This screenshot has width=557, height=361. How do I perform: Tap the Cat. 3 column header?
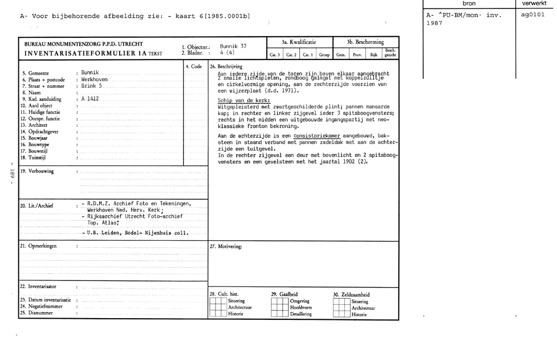[275, 55]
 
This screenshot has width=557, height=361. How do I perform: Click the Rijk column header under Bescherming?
[374, 55]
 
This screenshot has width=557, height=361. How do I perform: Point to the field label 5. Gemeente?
[36, 73]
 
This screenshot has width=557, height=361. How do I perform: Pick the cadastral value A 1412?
[90, 99]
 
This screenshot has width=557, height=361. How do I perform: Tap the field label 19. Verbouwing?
[37, 171]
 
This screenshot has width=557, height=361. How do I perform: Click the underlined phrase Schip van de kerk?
[244, 100]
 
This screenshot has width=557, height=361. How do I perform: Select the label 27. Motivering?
[226, 246]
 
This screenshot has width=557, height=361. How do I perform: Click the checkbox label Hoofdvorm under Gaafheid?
[301, 308]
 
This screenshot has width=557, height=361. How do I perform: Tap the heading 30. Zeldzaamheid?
[351, 295]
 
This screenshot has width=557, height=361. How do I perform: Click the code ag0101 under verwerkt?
[532, 14]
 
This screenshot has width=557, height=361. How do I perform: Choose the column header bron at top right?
[469, 4]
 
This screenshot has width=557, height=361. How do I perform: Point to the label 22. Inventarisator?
[38, 286]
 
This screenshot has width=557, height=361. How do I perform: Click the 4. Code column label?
[194, 66]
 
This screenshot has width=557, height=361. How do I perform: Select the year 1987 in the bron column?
[434, 24]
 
